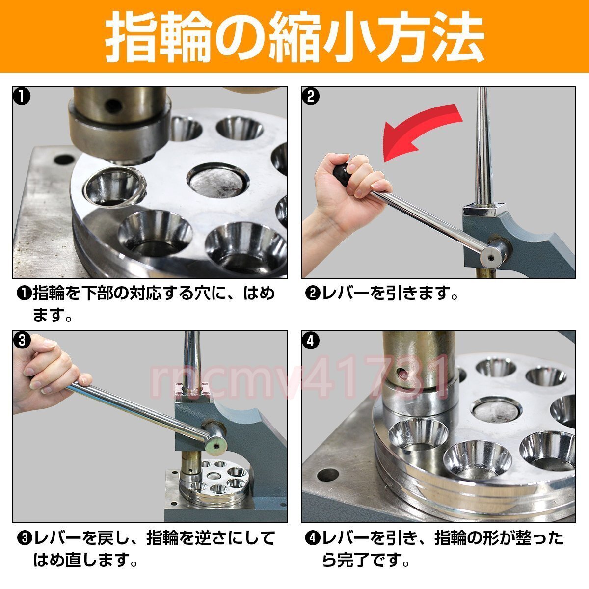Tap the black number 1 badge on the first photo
pyautogui.click(x=22, y=96)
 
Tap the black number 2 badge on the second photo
pyautogui.click(x=311, y=96)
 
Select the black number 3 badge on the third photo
pyautogui.click(x=22, y=340)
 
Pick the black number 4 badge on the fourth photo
pyautogui.click(x=311, y=340)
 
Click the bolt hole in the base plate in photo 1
pyautogui.click(x=64, y=159)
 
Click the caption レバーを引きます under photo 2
pyautogui.click(x=389, y=294)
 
